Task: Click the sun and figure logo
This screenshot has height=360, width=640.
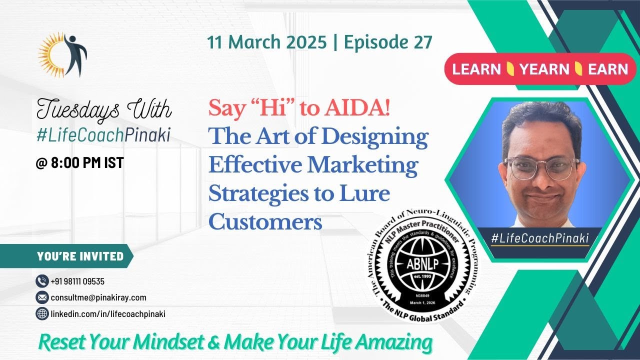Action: click(x=63, y=54)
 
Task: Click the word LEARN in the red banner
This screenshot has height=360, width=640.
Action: click(x=475, y=69)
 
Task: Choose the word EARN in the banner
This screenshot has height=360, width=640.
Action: click(x=608, y=69)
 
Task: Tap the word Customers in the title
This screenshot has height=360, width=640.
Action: click(x=265, y=222)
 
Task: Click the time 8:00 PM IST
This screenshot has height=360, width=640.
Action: click(x=80, y=163)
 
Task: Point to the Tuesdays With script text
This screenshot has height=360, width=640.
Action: click(x=104, y=109)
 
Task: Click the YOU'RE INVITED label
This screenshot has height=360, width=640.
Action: click(x=80, y=256)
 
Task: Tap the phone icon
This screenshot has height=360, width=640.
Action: click(x=42, y=281)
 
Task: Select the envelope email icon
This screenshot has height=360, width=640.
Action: click(x=42, y=297)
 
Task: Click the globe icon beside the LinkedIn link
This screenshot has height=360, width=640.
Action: click(x=42, y=314)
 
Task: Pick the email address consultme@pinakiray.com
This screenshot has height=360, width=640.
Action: click(x=98, y=297)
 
